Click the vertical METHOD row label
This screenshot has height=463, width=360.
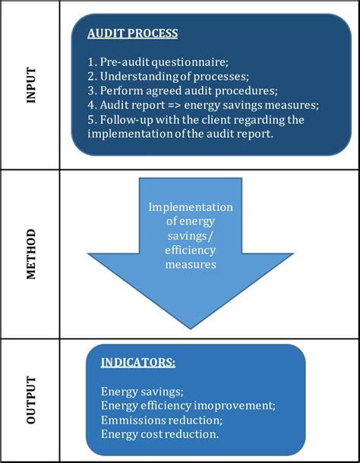pos(30,254)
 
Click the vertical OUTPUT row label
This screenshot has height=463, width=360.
pos(30,399)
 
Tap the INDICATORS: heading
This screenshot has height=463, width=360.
pos(138,363)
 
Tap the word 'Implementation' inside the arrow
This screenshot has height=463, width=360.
pos(191,207)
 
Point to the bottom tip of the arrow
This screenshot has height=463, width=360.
pos(190,327)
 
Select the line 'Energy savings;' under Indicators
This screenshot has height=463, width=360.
pos(142,392)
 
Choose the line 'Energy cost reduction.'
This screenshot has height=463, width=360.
pos(160,434)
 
